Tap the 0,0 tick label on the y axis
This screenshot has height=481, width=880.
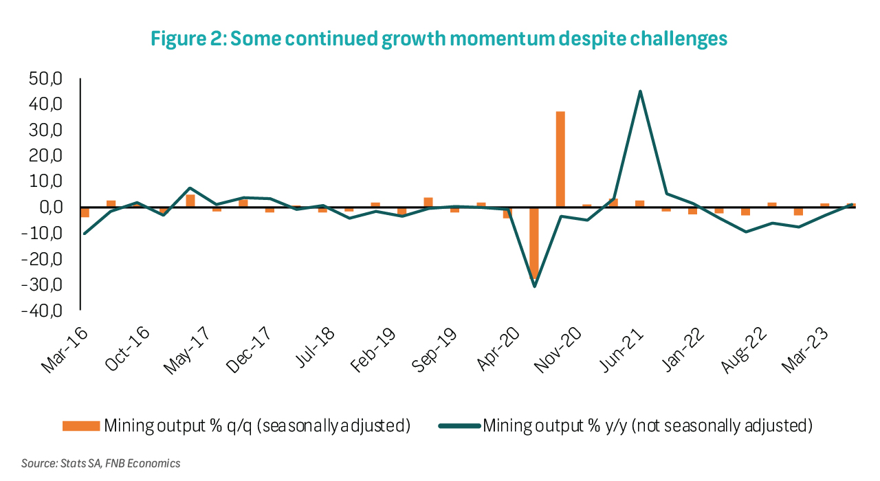coord(49,208)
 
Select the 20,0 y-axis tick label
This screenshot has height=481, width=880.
coord(46,156)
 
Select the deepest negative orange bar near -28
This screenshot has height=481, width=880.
coord(534,244)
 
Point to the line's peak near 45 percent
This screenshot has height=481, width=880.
coord(640,91)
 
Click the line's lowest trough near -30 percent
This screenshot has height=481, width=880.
coord(534,286)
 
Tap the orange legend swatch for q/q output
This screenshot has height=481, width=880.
coord(80,426)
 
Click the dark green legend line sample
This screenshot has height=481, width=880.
coord(458,426)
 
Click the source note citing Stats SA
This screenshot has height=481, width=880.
coord(101,463)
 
